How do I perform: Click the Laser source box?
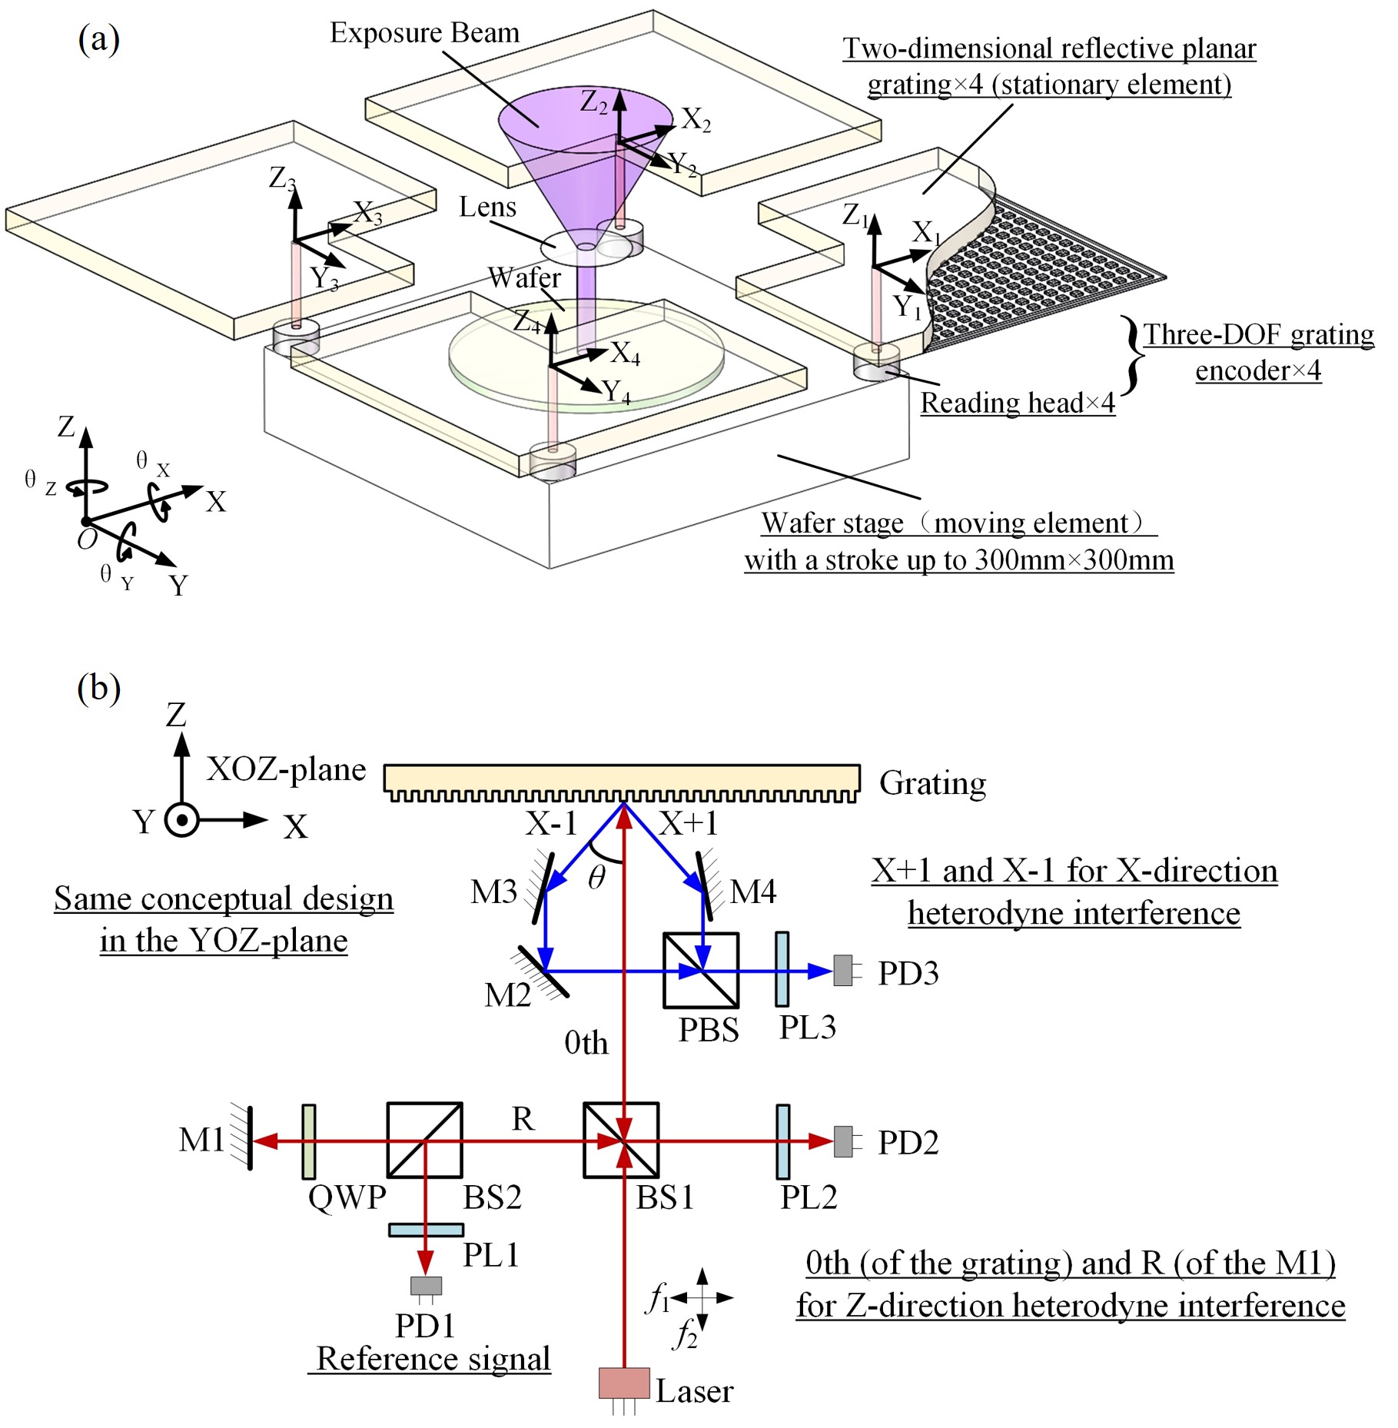pyautogui.click(x=624, y=1383)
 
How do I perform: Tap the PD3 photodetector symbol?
pyautogui.click(x=843, y=971)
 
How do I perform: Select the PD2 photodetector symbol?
pyautogui.click(x=843, y=1141)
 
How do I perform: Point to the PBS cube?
pyautogui.click(x=701, y=971)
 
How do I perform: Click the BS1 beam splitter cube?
pyautogui.click(x=621, y=1141)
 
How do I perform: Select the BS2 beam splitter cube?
pyautogui.click(x=424, y=1141)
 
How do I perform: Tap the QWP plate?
pyautogui.click(x=309, y=1141)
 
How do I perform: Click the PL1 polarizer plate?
pyautogui.click(x=426, y=1230)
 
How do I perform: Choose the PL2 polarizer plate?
pyautogui.click(x=782, y=1141)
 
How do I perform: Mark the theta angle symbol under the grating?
pyautogui.click(x=596, y=877)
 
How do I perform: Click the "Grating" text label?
pyautogui.click(x=932, y=783)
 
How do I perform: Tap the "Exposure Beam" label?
pyautogui.click(x=424, y=33)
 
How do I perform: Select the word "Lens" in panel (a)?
pyautogui.click(x=487, y=207)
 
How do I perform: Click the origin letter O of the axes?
pyautogui.click(x=87, y=539)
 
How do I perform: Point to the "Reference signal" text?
pyautogui.click(x=433, y=1358)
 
